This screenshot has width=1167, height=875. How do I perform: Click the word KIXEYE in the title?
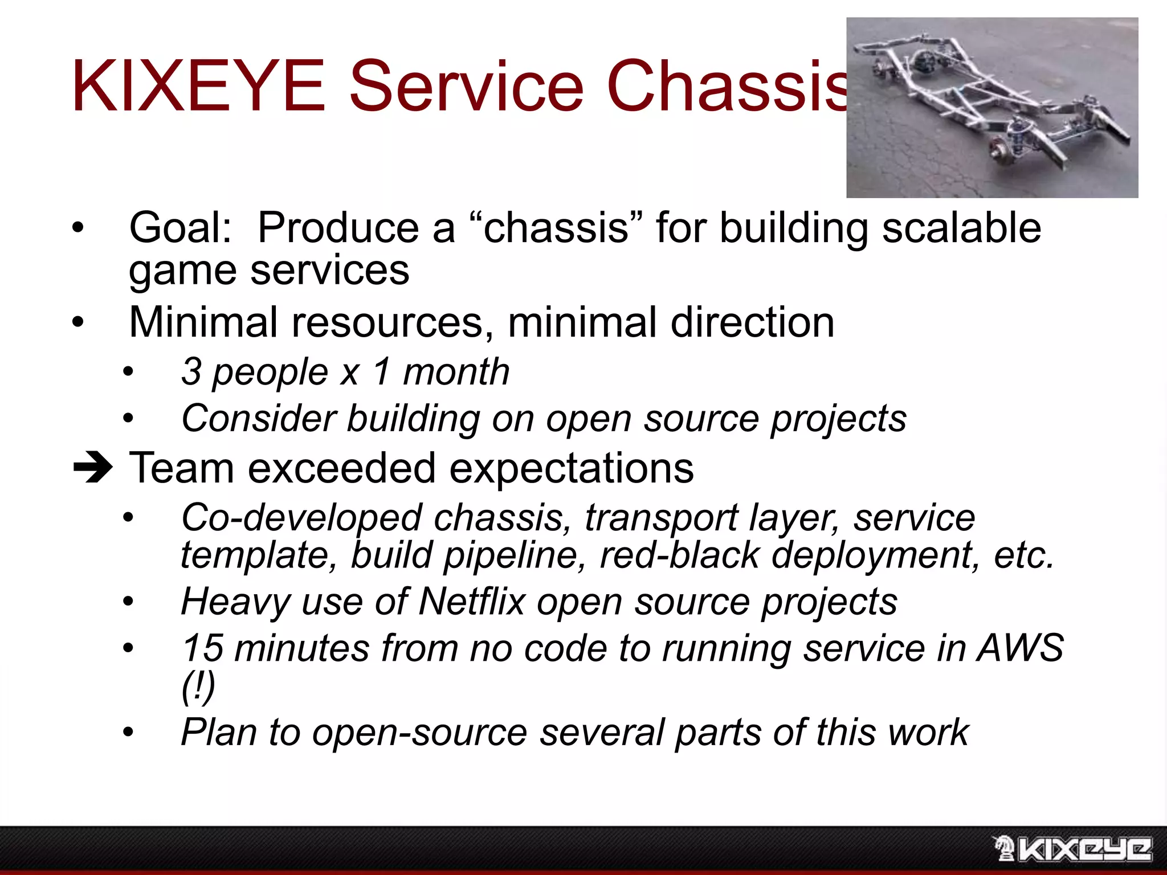pos(198,87)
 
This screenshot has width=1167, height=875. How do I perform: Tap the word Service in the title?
pos(466,87)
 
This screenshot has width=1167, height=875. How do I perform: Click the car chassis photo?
pos(991,108)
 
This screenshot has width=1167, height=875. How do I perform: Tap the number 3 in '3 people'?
pos(191,372)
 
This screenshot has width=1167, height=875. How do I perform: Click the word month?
pos(456,372)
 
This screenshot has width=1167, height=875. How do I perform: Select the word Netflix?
pos(471,602)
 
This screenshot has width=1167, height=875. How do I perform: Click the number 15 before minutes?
pos(202,648)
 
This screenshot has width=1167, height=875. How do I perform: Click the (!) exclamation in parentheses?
pos(198,686)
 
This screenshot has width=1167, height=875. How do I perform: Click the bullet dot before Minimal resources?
pos(78,323)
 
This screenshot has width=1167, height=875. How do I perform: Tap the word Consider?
pos(259,419)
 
